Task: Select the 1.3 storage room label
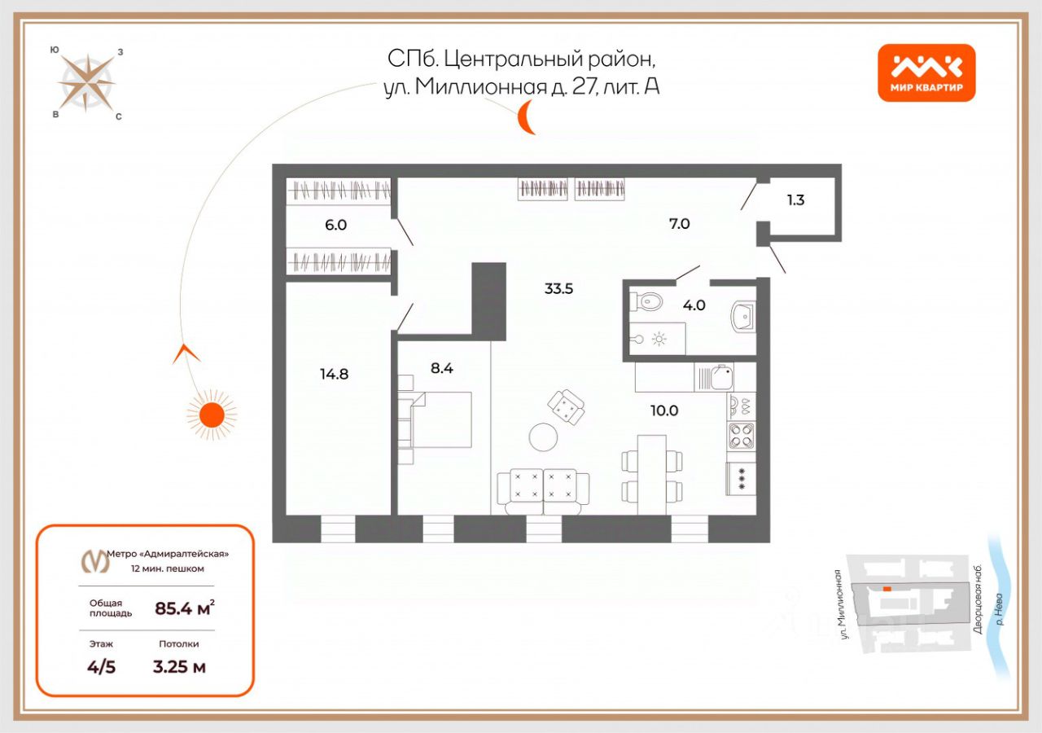pyautogui.click(x=795, y=200)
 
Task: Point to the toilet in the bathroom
pyautogui.click(x=649, y=303)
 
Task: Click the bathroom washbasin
pyautogui.click(x=742, y=316)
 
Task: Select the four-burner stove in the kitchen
pyautogui.click(x=741, y=436)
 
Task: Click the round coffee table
pyautogui.click(x=543, y=437)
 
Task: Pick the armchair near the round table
pyautogui.click(x=567, y=406)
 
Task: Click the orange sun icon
pyautogui.click(x=212, y=415)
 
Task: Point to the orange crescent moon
pyautogui.click(x=528, y=118)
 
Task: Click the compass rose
pyautogui.click(x=86, y=82)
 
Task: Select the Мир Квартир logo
pyautogui.click(x=926, y=72)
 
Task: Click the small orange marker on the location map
pyautogui.click(x=888, y=588)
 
